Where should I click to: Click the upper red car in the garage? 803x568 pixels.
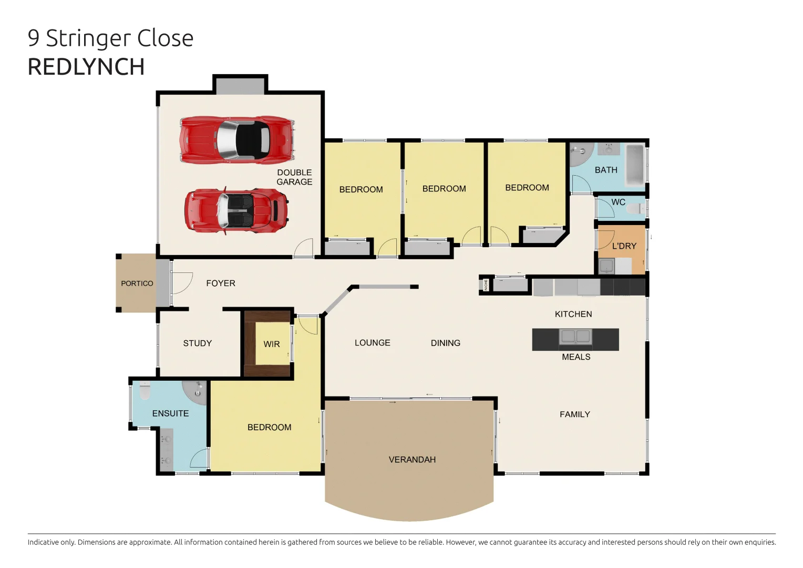236,140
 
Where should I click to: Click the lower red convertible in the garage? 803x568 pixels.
236,210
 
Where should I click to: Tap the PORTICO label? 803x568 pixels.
137,283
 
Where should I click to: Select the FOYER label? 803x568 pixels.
221,283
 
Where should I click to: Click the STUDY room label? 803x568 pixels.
198,343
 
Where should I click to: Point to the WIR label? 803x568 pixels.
272,344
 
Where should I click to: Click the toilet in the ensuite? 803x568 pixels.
145,391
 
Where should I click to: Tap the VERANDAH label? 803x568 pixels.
412,460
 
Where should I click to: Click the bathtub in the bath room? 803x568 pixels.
635,165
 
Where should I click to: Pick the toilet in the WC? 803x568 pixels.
635,209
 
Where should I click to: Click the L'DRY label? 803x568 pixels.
624,246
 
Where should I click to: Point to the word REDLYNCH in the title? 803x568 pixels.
86,67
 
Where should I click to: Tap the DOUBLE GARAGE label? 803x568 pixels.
294,177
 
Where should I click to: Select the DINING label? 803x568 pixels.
446,343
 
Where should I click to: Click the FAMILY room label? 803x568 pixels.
575,414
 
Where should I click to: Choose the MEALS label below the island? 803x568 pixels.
576,357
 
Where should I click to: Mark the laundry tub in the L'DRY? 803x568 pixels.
606,266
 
